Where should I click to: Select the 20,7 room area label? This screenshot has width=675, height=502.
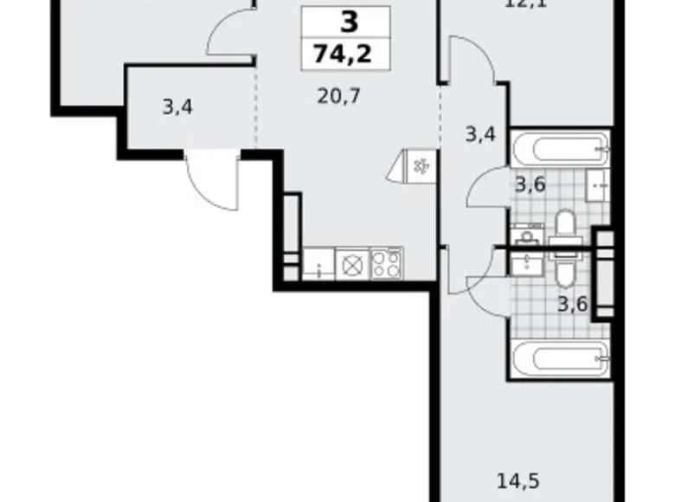pos(338,95)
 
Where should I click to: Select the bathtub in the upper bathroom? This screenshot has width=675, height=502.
pos(560,148)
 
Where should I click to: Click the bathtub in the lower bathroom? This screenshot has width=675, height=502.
pos(560,356)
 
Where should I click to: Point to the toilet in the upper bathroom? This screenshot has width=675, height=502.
pos(565,228)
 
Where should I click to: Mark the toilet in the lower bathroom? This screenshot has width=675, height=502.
pos(563,273)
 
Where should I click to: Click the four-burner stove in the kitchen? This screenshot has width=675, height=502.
pos(386,263)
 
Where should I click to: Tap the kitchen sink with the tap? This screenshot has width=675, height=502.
pos(318,263)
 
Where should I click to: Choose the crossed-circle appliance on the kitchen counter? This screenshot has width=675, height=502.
pos(351,263)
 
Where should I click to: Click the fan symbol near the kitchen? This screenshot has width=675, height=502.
pos(421,165)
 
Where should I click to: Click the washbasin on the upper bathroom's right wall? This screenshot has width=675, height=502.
pos(599,183)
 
